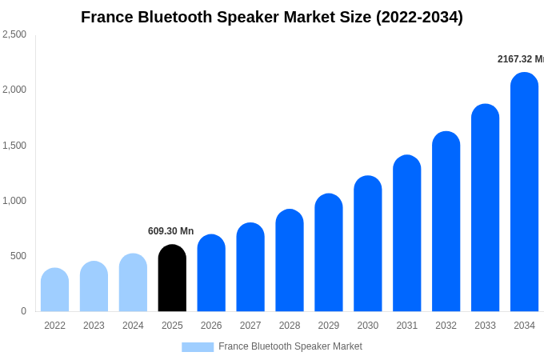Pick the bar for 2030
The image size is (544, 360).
pyautogui.click(x=368, y=244)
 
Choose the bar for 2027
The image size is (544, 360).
pyautogui.click(x=250, y=267)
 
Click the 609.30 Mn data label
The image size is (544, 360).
pyautogui.click(x=170, y=231)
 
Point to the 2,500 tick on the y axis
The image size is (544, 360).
pyautogui.click(x=14, y=34)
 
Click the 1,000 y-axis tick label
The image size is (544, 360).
pyautogui.click(x=14, y=201)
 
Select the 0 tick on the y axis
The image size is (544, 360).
pyautogui.click(x=23, y=311)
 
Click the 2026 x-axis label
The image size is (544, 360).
pyautogui.click(x=211, y=326)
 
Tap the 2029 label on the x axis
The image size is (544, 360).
pyautogui.click(x=329, y=326)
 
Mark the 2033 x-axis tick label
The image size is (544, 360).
pyautogui.click(x=485, y=326)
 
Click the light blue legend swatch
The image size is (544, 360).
pyautogui.click(x=198, y=347)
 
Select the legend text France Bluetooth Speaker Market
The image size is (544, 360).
pyautogui.click(x=290, y=346)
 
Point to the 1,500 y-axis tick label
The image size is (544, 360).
pyautogui.click(x=14, y=146)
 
